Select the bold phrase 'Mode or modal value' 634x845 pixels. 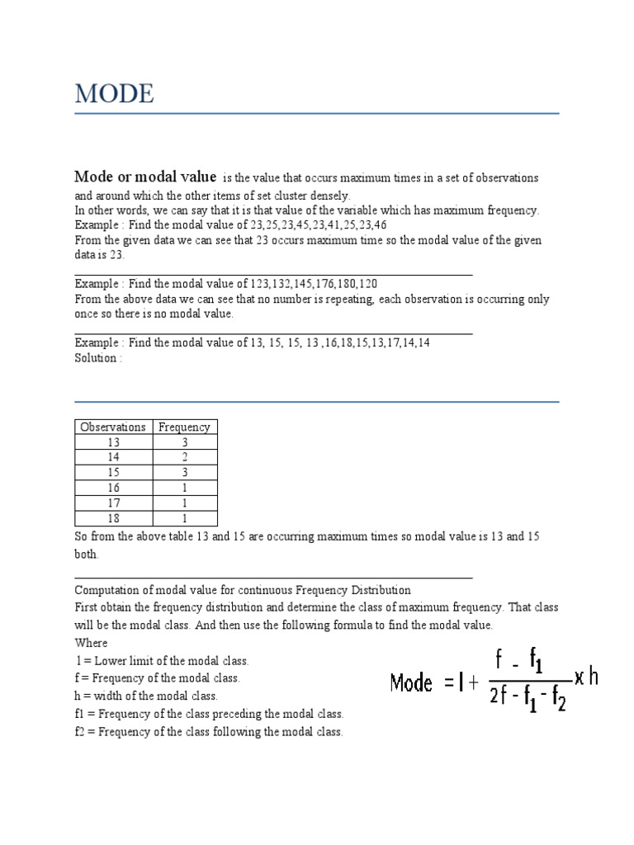145,177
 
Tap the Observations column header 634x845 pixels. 113,427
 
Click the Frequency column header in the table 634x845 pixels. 184,427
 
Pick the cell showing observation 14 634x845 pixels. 113,457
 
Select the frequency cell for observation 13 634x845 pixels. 184,442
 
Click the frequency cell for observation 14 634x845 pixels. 184,457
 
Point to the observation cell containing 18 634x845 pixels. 113,518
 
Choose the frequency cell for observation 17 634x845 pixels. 184,503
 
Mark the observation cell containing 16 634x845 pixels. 113,488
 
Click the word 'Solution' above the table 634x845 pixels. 96,358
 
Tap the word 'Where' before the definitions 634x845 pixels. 91,643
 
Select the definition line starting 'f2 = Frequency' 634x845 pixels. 208,732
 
